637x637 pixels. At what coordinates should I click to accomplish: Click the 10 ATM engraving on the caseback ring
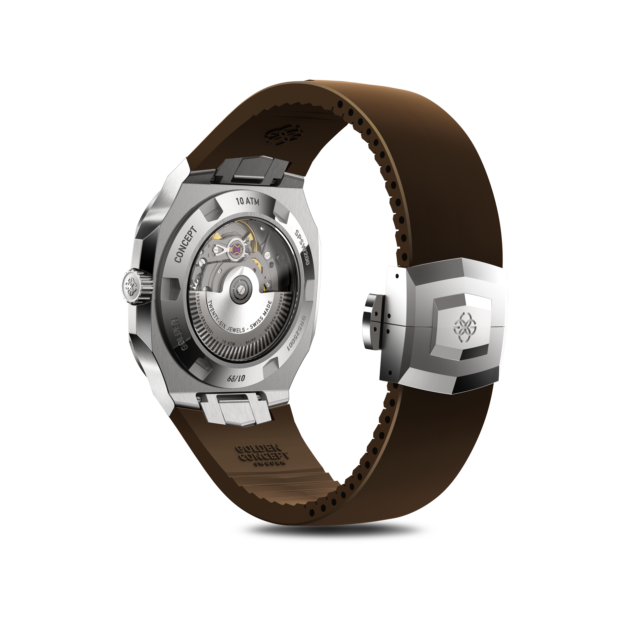[247, 201]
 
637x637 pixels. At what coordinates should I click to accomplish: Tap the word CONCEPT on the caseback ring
[185, 245]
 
